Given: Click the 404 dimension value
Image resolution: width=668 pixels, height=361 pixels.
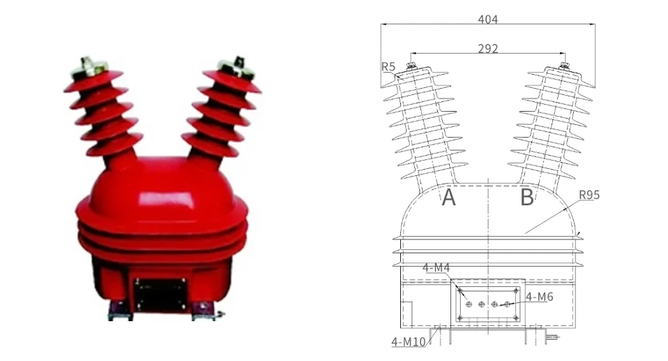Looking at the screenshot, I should (487, 20).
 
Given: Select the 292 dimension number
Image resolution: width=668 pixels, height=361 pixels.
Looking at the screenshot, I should (487, 49).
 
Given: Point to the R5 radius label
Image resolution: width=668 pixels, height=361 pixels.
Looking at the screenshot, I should (388, 67).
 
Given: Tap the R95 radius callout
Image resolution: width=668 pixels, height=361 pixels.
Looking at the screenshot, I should (589, 195).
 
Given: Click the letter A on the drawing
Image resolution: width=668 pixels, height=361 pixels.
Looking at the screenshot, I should (449, 198).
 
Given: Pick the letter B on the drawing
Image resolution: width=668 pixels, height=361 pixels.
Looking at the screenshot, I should (527, 198).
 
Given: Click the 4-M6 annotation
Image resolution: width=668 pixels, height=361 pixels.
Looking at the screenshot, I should (539, 297).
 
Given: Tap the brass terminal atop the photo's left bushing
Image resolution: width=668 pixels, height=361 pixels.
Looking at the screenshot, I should (91, 66).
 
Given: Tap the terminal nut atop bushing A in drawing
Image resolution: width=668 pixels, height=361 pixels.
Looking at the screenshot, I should (411, 66).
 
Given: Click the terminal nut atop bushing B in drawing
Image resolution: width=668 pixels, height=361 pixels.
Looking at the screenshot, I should (564, 66).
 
